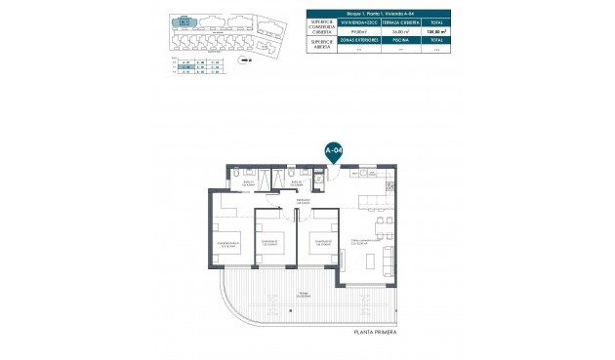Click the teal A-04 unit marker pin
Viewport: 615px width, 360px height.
(333, 150)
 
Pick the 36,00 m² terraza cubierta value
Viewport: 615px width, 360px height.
(385, 30)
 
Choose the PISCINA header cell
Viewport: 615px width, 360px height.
(385, 42)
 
